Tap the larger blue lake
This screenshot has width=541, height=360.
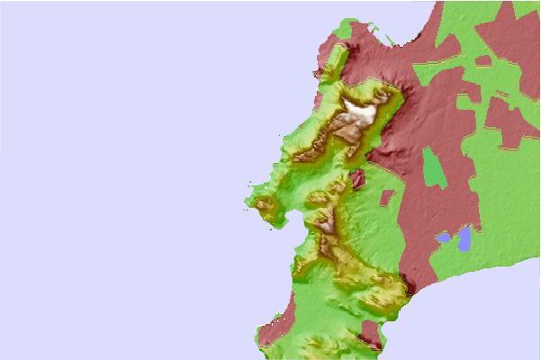(x=464, y=238)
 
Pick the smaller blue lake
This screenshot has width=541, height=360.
(x=443, y=238)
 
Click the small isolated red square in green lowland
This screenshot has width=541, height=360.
(x=387, y=197)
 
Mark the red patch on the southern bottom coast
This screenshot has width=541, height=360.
(x=369, y=341)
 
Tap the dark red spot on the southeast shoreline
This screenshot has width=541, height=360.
(x=410, y=290)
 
